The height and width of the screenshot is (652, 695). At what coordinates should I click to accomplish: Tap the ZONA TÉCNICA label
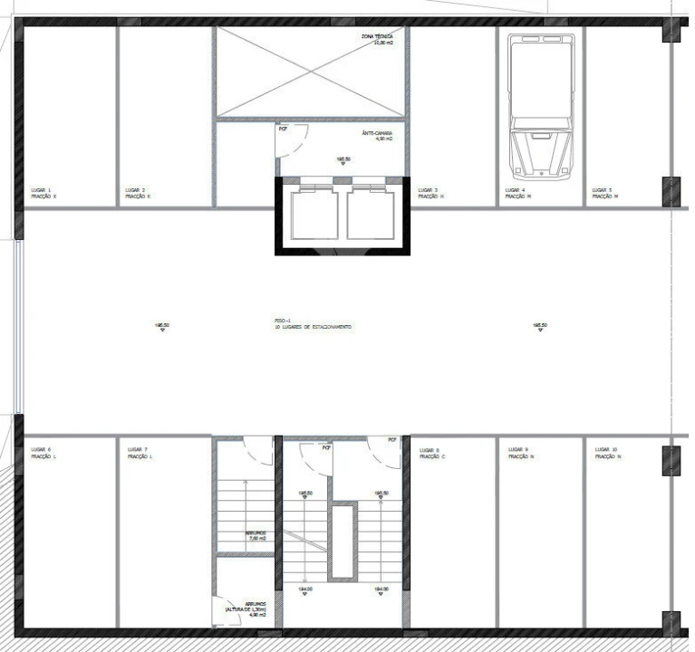tap(375, 39)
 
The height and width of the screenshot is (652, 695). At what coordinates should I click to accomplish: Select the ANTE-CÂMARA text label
tap(376, 134)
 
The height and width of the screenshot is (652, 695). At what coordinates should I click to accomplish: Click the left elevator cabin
tap(312, 215)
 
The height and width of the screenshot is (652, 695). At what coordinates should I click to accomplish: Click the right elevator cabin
tap(372, 215)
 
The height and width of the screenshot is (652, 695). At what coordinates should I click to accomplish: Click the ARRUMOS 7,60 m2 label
tap(256, 535)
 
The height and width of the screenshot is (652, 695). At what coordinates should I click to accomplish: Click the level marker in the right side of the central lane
tap(540, 327)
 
